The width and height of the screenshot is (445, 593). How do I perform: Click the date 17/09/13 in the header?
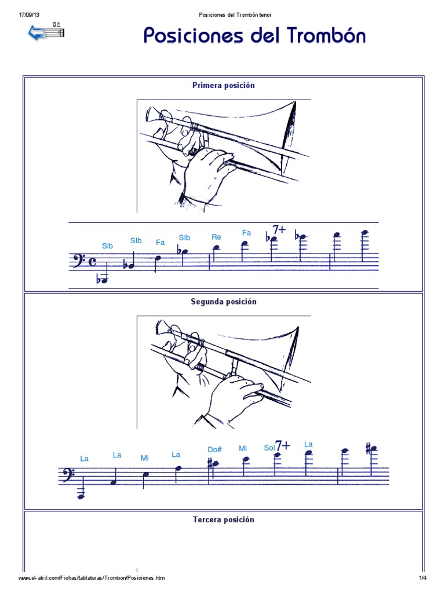29,14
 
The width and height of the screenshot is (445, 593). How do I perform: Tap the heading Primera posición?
223,85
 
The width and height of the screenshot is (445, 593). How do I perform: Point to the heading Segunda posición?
223,302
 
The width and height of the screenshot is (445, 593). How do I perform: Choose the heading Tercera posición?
223,519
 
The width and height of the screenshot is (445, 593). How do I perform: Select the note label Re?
217,237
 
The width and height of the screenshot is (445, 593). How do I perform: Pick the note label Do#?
215,449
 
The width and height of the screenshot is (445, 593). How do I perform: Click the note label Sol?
269,448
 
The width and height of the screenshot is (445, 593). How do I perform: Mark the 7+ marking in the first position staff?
279,230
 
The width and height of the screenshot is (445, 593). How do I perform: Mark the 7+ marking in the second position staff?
283,446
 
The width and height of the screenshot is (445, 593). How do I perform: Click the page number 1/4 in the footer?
422,579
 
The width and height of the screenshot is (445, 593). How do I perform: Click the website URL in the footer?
92,579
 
